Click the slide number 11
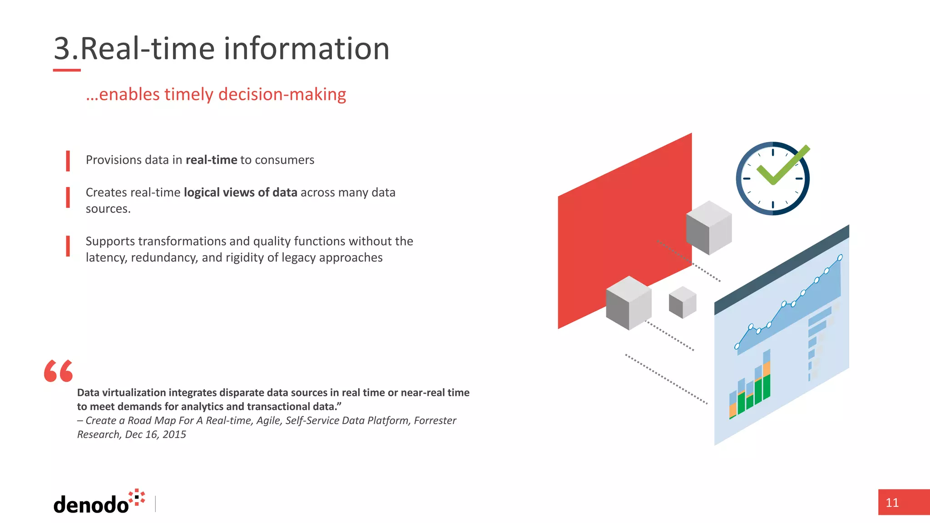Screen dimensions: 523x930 [x=892, y=503]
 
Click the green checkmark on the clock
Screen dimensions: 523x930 [x=782, y=167]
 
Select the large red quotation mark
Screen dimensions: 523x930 [x=58, y=371]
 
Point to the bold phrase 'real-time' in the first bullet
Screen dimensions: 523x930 [x=211, y=160]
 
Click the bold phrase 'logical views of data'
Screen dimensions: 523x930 [x=240, y=192]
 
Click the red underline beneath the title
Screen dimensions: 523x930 [x=67, y=70]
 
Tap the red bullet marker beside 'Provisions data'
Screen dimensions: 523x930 [x=68, y=161]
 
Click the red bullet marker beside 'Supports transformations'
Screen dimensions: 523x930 [x=68, y=246]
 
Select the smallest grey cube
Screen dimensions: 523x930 [x=683, y=302]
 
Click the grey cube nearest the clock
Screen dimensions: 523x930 [x=708, y=227]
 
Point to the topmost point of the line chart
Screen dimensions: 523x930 [x=840, y=257]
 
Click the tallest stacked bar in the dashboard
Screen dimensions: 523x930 [x=767, y=375]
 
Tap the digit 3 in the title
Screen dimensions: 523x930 [x=62, y=49]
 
